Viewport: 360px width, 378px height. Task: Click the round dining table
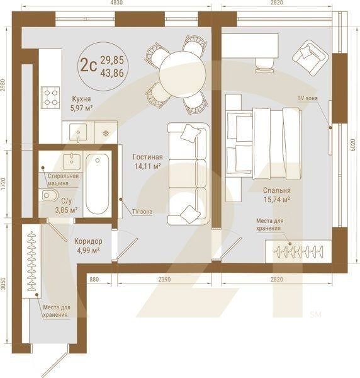tap(182, 74)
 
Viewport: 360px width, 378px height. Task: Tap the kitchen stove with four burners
tap(50, 97)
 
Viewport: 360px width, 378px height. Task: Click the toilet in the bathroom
tap(48, 196)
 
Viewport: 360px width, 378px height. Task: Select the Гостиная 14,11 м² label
tap(147, 162)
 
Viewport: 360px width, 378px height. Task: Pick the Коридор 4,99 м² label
tap(87, 246)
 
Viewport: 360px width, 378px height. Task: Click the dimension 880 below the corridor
tap(94, 278)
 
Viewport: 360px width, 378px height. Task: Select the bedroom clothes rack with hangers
tap(298, 251)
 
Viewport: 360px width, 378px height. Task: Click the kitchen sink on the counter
tap(79, 132)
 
